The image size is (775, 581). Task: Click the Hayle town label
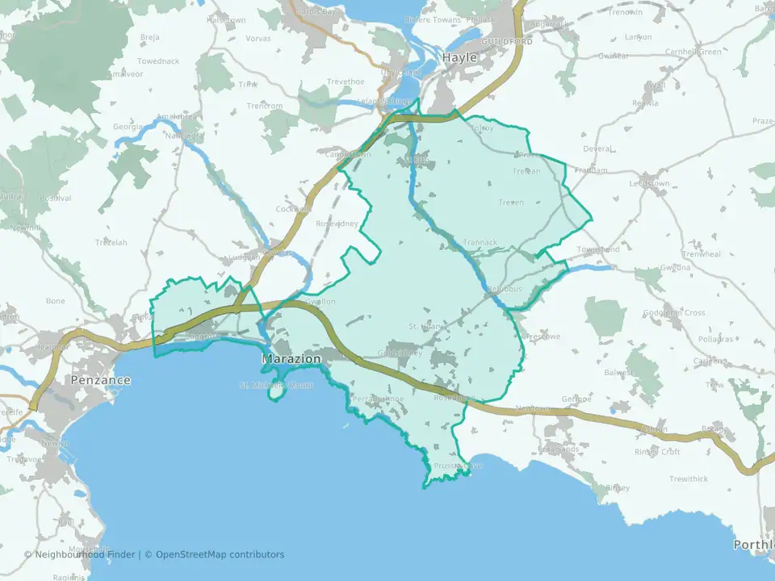459,58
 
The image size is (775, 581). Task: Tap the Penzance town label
101,379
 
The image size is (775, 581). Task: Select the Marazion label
292,358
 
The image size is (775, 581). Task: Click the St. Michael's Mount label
276,385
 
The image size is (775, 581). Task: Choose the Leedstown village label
653,183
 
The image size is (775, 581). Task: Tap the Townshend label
598,249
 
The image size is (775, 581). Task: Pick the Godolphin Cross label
674,313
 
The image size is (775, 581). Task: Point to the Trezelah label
111,242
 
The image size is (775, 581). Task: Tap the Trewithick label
688,479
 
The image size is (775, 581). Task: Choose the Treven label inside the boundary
511,203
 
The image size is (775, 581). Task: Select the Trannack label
481,242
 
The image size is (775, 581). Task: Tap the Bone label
56,301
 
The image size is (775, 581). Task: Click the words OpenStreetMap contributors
220,554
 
